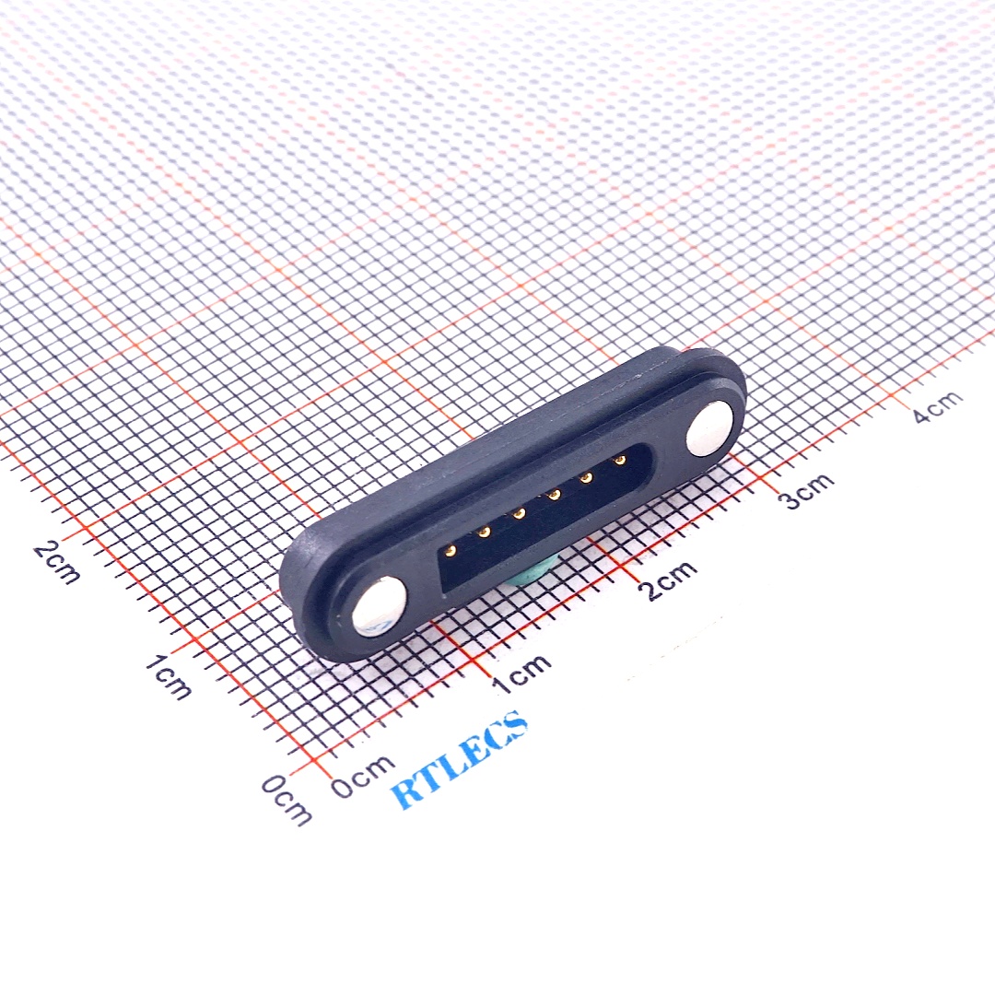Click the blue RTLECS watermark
point(458,761)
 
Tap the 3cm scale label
point(806,488)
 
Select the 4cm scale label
point(938,405)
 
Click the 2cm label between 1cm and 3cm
point(670,579)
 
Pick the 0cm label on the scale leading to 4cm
point(363,776)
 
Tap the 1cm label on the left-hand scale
point(169,677)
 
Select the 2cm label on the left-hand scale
point(57,561)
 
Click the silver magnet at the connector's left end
point(379,606)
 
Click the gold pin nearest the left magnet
point(450,551)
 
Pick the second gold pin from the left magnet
point(484,532)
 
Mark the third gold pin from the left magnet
point(519,513)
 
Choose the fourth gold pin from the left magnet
point(553,496)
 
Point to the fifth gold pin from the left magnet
point(586,477)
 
